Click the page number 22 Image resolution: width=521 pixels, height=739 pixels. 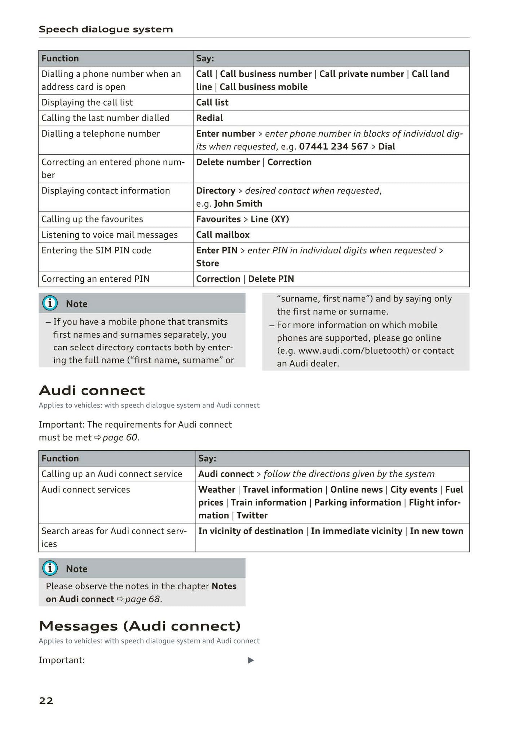46,700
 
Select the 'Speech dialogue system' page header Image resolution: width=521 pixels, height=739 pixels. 106,29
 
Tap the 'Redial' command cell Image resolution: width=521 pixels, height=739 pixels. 209,118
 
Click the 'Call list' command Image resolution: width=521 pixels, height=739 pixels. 212,102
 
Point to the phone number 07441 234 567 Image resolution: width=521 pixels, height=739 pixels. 334,146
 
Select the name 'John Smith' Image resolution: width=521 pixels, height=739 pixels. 238,203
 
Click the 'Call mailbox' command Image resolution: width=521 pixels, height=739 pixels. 223,235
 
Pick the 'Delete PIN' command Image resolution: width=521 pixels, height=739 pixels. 271,279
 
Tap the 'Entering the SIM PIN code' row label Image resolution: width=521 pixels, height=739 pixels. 96,250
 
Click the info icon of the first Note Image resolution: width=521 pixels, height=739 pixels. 50,304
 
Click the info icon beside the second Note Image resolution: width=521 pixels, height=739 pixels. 50,568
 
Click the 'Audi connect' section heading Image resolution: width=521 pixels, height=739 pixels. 92,390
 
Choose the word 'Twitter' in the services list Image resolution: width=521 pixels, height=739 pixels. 252,515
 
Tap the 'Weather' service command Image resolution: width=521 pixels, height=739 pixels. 217,489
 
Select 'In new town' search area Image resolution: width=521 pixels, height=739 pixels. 436,531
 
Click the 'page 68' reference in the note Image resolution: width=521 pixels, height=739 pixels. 142,599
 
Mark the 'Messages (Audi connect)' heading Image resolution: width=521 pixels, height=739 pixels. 140,626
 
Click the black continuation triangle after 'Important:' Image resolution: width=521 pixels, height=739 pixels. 251,660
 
